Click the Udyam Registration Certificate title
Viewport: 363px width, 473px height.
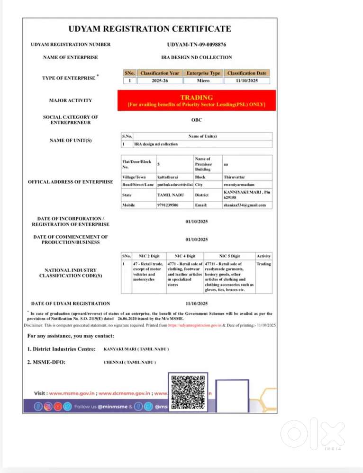pyautogui.click(x=150, y=29)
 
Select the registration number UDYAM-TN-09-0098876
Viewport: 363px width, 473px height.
pyautogui.click(x=197, y=45)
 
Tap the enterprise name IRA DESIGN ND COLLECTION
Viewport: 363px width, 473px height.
pyautogui.click(x=197, y=57)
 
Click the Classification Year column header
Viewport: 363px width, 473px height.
pyautogui.click(x=160, y=73)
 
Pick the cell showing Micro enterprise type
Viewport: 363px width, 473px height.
pyautogui.click(x=203, y=80)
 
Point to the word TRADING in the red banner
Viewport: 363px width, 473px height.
pyautogui.click(x=197, y=98)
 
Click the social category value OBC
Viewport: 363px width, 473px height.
pyautogui.click(x=197, y=120)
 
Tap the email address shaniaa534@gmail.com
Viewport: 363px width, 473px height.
pyautogui.click(x=245, y=205)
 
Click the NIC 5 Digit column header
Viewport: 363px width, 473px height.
pyautogui.click(x=229, y=256)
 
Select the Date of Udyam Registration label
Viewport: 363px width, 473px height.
pyautogui.click(x=71, y=303)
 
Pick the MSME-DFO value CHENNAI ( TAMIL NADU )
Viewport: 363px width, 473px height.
pyautogui.click(x=129, y=362)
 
